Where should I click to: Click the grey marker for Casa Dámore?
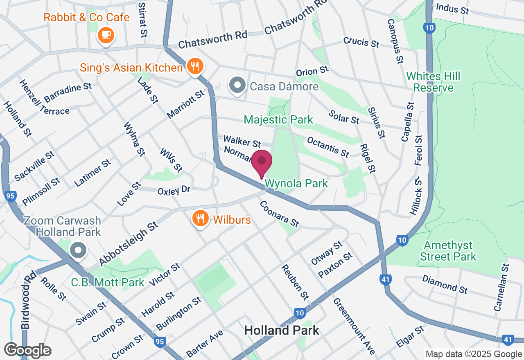point(237,86)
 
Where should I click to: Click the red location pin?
point(262,163)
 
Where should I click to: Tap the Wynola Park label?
point(296,183)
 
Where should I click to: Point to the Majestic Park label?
point(278,119)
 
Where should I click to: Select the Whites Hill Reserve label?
point(433,82)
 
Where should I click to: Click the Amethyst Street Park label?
point(448,251)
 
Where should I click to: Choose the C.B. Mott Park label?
point(108,282)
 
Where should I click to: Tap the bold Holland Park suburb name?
point(281,331)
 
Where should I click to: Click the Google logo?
point(27,351)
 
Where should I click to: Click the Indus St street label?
point(452,8)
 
